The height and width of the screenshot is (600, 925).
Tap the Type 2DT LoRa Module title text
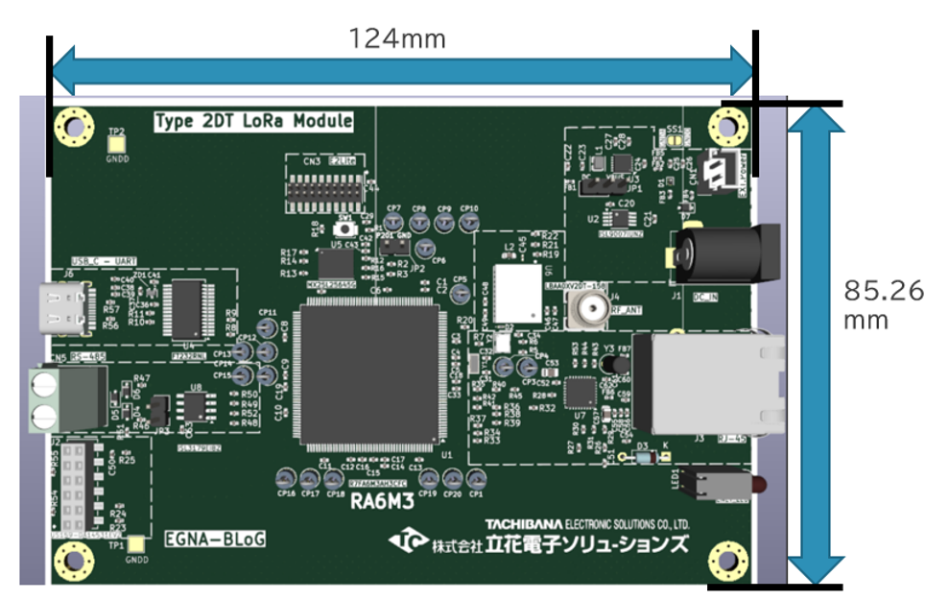[x=253, y=122]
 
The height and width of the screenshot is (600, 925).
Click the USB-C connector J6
[x=67, y=308]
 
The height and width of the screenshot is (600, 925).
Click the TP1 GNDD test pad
[x=138, y=544]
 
